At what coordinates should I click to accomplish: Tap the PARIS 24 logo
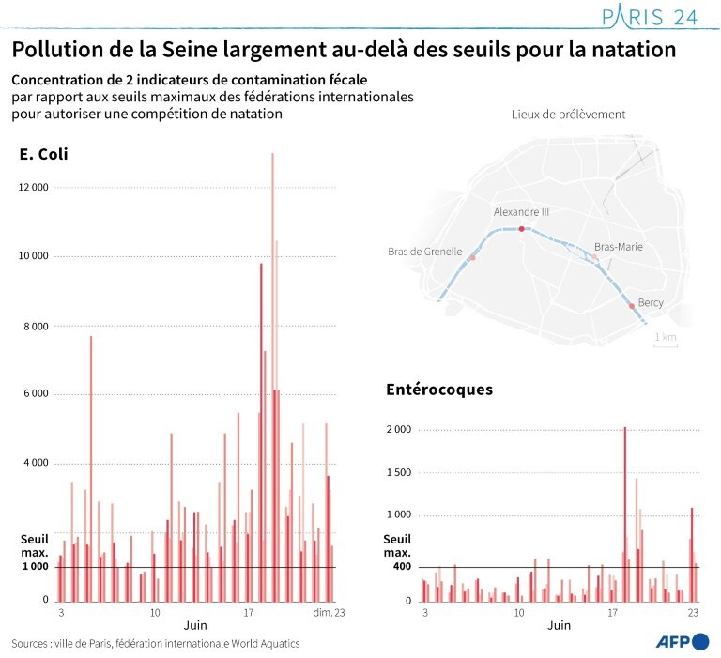click(x=648, y=17)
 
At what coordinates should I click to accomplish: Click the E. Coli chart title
click(x=43, y=154)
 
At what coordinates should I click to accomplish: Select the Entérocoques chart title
click(x=439, y=389)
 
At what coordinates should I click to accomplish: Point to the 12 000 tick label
click(x=34, y=188)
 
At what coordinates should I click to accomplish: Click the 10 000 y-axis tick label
click(x=34, y=256)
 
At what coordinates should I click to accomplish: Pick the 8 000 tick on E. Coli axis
click(x=37, y=326)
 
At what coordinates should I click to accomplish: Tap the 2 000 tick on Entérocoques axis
click(x=401, y=429)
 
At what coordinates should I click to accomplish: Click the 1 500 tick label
click(x=401, y=472)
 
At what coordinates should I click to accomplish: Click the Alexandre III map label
click(x=521, y=212)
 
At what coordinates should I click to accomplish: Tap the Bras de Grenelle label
click(x=424, y=252)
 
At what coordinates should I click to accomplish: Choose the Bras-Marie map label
click(x=618, y=246)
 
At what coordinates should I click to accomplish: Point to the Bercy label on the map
click(x=651, y=302)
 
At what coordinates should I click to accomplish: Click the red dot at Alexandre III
click(x=521, y=228)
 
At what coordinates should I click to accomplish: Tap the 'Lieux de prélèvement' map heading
click(x=568, y=115)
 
